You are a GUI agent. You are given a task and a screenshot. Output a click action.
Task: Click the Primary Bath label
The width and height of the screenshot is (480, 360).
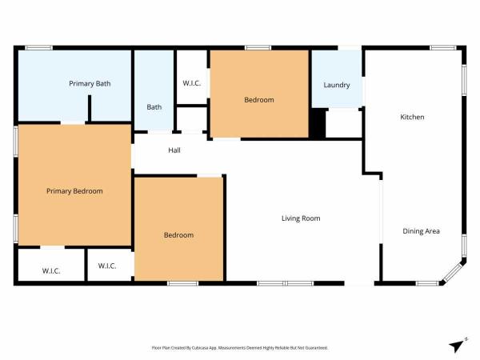90,83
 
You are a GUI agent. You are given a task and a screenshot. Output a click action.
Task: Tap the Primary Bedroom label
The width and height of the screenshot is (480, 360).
74,191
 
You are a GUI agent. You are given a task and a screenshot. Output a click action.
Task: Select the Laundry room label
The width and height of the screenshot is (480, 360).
337,85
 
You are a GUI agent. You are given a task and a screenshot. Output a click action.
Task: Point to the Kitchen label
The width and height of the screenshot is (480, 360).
412,117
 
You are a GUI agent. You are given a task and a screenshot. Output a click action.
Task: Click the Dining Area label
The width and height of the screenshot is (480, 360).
422,231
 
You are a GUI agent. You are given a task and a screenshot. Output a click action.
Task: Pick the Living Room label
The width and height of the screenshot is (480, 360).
301,218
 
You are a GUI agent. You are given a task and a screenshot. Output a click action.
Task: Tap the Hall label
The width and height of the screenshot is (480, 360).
174,150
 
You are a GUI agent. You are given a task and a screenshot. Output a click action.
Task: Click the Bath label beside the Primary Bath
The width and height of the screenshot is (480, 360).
154,107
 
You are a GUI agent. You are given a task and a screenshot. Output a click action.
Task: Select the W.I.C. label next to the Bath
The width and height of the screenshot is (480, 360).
192,83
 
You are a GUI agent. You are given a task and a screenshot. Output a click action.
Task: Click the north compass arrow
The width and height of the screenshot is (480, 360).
457,346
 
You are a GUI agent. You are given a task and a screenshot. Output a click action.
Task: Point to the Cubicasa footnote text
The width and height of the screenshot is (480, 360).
240,348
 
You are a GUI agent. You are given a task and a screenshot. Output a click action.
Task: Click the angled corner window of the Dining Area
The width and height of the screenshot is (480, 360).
454,273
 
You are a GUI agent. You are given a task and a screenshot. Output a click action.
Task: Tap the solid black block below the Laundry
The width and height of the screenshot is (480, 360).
318,123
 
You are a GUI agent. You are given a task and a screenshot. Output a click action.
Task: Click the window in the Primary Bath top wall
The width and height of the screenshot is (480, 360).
38,48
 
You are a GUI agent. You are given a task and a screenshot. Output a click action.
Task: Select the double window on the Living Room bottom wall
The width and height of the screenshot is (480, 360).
286,283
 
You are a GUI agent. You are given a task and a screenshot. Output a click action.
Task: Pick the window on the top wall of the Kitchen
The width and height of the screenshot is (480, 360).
443,48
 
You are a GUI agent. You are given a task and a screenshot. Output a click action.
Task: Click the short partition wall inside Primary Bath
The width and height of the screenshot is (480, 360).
90,108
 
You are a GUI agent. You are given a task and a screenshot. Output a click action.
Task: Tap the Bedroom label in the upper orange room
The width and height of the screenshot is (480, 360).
259,100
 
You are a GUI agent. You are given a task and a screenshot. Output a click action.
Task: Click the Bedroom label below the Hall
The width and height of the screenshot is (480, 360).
178,235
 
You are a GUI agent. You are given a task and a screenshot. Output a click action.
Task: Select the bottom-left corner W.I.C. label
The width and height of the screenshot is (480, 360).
51,271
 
